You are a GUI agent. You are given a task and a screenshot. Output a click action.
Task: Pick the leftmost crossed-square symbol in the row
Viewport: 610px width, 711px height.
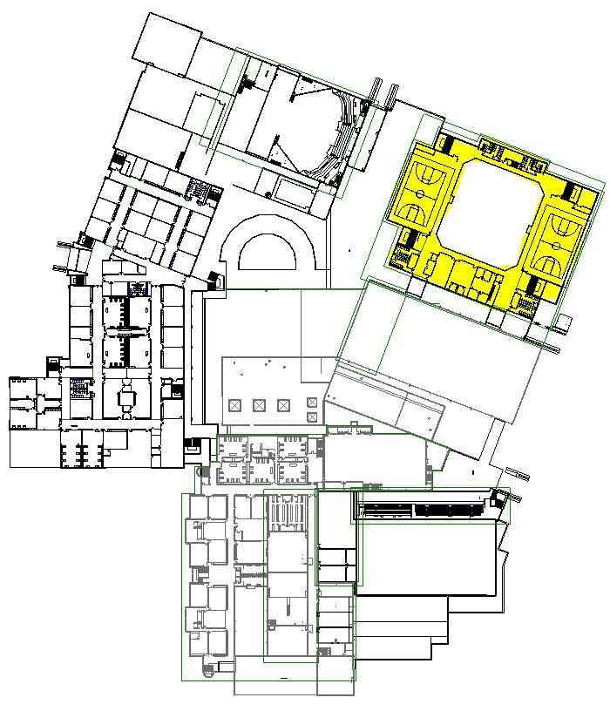point(234,405)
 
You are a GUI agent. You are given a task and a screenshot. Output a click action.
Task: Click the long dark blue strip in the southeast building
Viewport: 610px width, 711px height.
point(447,509)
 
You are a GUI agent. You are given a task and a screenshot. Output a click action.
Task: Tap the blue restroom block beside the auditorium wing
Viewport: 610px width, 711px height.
point(200,187)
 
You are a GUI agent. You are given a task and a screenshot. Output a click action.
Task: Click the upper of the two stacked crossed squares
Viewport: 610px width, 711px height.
point(312,403)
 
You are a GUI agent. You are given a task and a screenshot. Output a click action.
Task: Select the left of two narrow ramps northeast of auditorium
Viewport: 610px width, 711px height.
point(374,91)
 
